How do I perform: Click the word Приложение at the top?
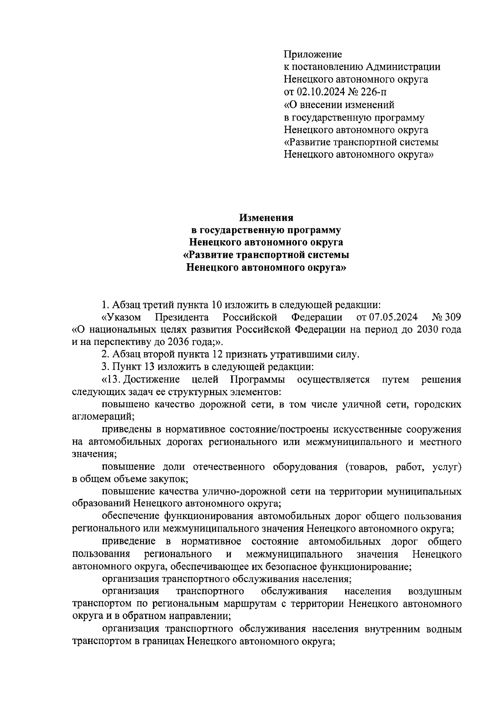[312, 54]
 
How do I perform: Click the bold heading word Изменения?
[266, 217]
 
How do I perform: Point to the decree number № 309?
[447, 318]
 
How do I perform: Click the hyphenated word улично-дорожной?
[249, 491]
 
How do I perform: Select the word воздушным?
[435, 591]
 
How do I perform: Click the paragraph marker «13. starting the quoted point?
[111, 380]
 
